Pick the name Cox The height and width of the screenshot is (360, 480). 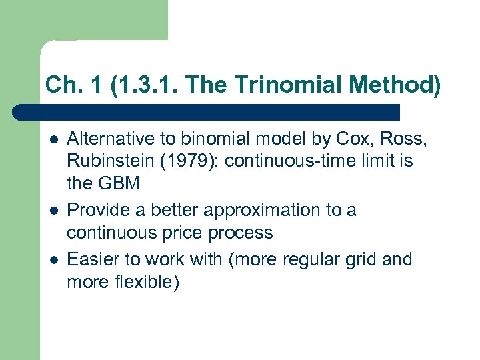coord(338,138)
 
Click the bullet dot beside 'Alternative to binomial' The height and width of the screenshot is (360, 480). coord(53,139)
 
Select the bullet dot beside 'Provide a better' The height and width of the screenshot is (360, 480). coord(53,211)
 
